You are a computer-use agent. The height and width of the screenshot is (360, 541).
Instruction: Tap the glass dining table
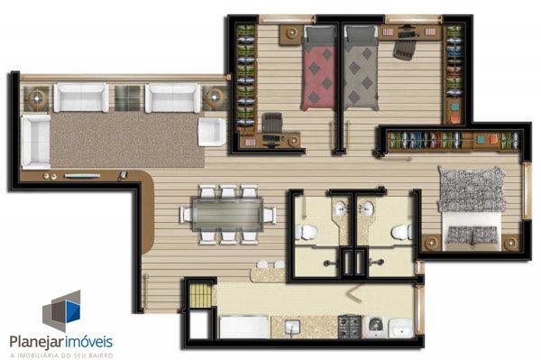click(x=227, y=215)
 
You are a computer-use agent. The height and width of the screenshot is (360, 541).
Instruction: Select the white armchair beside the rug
click(x=212, y=132)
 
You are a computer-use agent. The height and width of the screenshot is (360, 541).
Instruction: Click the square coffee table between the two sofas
click(x=127, y=98)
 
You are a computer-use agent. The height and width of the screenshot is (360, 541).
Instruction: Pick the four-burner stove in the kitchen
click(x=349, y=327)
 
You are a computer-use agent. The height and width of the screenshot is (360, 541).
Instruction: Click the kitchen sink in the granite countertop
click(x=292, y=328)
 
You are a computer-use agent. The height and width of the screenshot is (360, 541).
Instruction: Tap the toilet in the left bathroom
click(x=306, y=232)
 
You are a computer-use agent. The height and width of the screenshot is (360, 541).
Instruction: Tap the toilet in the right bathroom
click(x=402, y=232)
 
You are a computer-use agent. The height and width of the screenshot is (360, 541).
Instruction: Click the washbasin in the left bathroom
click(x=341, y=208)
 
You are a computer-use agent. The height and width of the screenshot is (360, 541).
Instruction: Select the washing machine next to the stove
click(x=375, y=327)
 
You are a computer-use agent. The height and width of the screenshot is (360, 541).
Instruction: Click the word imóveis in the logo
click(x=88, y=341)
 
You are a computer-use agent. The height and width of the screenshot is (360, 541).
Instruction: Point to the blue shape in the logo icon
click(x=73, y=311)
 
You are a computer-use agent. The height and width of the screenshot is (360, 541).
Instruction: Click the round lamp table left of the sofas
click(x=37, y=98)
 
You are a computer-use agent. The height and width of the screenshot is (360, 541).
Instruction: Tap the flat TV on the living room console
click(x=82, y=176)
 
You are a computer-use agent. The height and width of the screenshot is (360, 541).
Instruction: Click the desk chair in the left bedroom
click(x=272, y=123)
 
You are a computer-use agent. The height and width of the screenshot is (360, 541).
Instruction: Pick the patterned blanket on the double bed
click(x=472, y=189)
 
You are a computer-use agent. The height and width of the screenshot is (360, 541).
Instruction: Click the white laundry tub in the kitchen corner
click(x=401, y=328)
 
